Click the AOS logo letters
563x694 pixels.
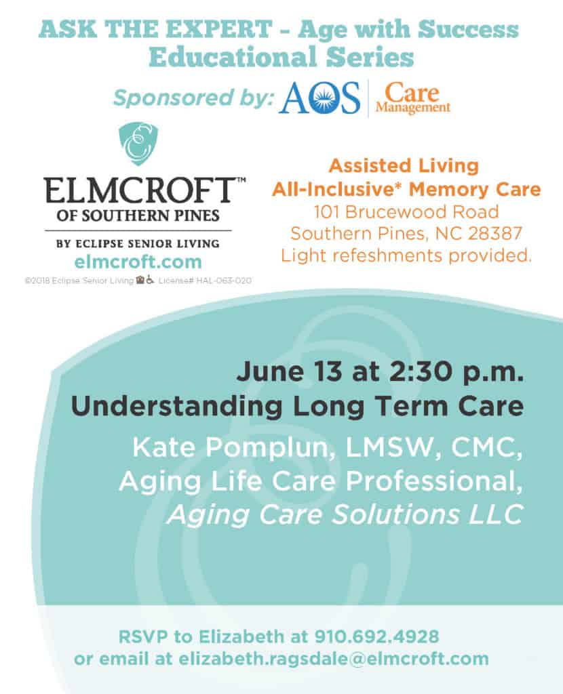(x=319, y=98)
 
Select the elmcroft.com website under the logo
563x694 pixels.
(x=138, y=262)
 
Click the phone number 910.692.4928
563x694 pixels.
(x=376, y=636)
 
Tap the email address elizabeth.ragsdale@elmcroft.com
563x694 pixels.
(x=334, y=659)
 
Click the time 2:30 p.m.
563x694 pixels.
(x=457, y=372)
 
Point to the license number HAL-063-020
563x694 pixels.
(x=224, y=281)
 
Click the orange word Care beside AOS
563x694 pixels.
(x=412, y=93)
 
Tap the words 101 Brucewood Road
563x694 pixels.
(x=406, y=211)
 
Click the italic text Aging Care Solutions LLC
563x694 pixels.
(x=346, y=514)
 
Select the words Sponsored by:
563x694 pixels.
(x=193, y=98)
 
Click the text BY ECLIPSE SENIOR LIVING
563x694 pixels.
(x=138, y=243)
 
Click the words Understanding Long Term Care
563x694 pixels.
(x=297, y=407)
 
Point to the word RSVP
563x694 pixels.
(x=144, y=636)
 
